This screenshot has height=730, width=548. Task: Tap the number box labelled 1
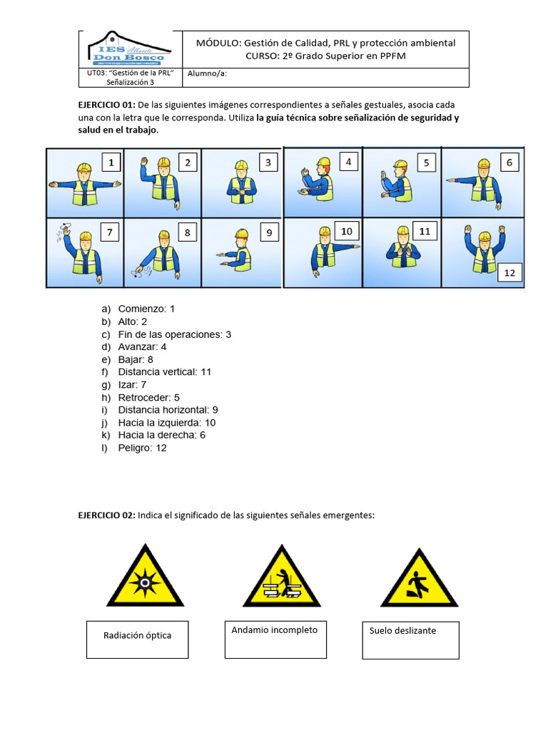click(111, 163)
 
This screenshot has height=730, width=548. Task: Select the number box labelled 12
click(508, 272)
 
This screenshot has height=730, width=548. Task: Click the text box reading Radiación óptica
click(138, 639)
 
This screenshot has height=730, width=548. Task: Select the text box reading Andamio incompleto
click(275, 639)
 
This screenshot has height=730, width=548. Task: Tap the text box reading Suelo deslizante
click(410, 639)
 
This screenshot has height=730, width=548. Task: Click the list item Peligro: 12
click(142, 448)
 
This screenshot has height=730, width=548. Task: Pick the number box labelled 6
click(509, 163)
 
